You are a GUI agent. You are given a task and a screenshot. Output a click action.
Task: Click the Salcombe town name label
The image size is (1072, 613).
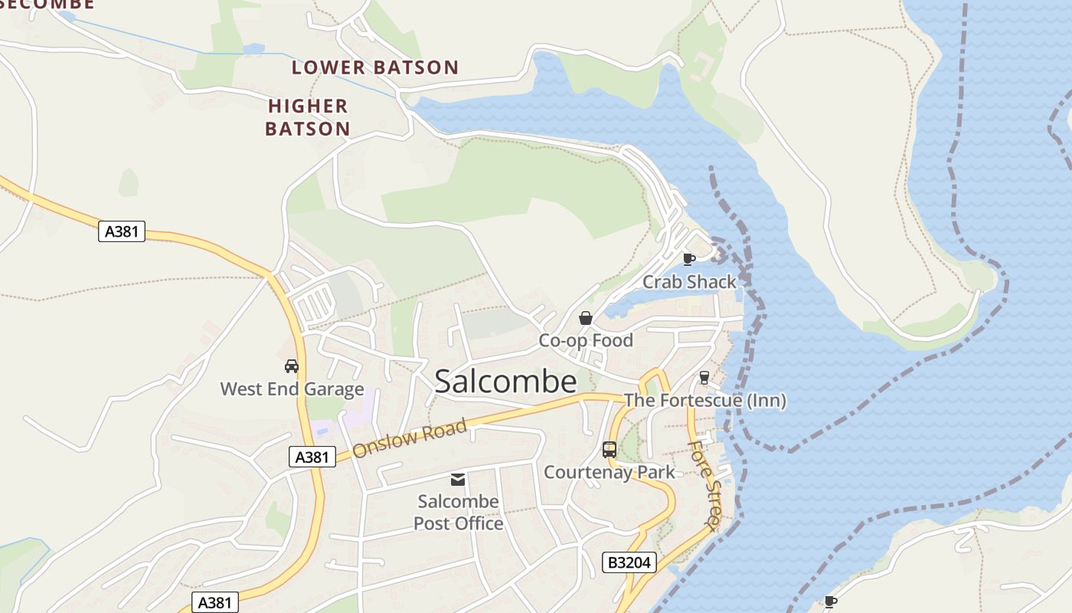click(x=505, y=382)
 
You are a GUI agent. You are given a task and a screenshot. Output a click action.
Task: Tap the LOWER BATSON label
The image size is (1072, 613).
click(x=374, y=67)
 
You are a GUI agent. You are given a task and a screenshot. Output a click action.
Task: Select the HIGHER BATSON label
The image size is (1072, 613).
click(x=308, y=117)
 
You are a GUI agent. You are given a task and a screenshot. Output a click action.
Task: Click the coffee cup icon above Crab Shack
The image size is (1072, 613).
click(x=688, y=259)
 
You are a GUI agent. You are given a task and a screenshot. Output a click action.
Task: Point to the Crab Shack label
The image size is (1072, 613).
click(x=689, y=282)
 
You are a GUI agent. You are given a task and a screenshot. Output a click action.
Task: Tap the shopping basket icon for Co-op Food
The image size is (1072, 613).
click(x=586, y=318)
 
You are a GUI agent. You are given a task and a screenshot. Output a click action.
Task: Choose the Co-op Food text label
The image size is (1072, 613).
click(x=586, y=340)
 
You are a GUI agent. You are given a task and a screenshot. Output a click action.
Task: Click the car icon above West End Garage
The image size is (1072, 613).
click(x=292, y=366)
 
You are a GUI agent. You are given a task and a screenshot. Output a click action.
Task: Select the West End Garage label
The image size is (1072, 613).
click(x=292, y=389)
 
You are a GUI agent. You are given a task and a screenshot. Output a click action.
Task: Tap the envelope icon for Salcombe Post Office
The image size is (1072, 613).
click(x=458, y=480)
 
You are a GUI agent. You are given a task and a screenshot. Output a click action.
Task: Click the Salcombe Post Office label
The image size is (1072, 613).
click(x=459, y=513)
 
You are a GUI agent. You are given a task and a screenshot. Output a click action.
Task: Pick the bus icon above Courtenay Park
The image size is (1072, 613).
click(x=610, y=450)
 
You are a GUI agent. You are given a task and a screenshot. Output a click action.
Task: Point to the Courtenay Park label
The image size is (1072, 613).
click(x=610, y=472)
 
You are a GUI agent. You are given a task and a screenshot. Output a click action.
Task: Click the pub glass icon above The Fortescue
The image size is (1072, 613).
click(x=704, y=378)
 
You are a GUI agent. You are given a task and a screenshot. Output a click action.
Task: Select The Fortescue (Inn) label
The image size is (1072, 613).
click(x=704, y=400)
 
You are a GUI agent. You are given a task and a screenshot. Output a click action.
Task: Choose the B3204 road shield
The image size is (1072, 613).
click(x=629, y=562)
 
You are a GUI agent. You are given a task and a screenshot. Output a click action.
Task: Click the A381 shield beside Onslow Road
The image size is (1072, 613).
click(x=312, y=457)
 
